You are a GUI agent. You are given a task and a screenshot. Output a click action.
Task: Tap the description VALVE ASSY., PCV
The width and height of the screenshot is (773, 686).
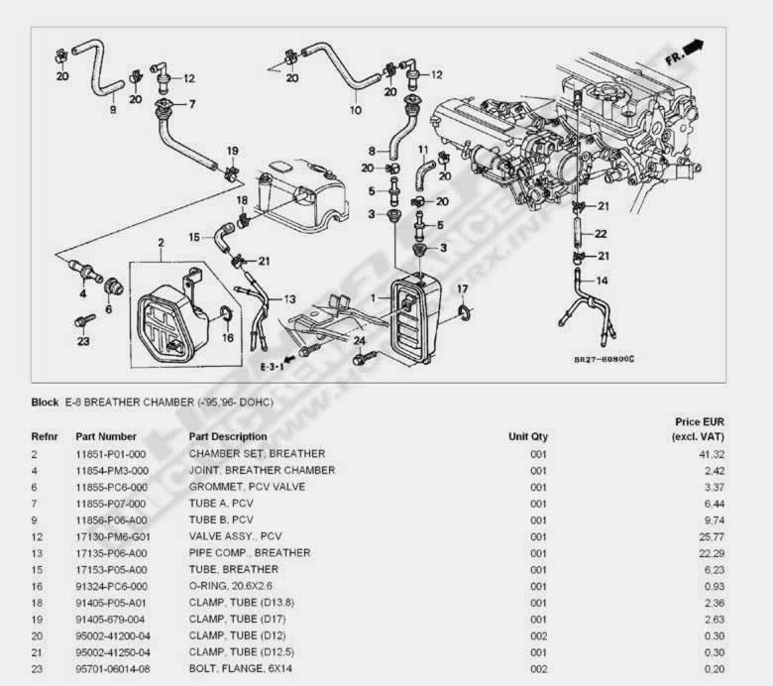235,536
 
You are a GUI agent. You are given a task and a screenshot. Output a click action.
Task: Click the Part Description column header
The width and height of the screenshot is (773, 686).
228,436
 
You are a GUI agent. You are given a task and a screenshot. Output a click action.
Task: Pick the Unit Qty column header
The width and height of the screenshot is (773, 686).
527,436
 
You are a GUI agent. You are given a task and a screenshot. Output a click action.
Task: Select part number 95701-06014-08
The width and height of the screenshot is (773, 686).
112,669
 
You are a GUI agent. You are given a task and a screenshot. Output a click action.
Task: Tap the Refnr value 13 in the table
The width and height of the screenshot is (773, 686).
37,553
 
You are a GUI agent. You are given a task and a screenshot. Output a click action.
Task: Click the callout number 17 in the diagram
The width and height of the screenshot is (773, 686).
462,288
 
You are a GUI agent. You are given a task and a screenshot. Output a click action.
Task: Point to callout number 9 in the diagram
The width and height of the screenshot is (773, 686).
112,109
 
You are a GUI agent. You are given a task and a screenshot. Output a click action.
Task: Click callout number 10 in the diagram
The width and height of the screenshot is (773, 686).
356,110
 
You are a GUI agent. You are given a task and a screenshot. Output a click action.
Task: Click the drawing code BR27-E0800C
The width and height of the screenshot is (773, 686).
603,359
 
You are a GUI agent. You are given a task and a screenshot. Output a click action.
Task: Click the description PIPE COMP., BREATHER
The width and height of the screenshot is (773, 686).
249,553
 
